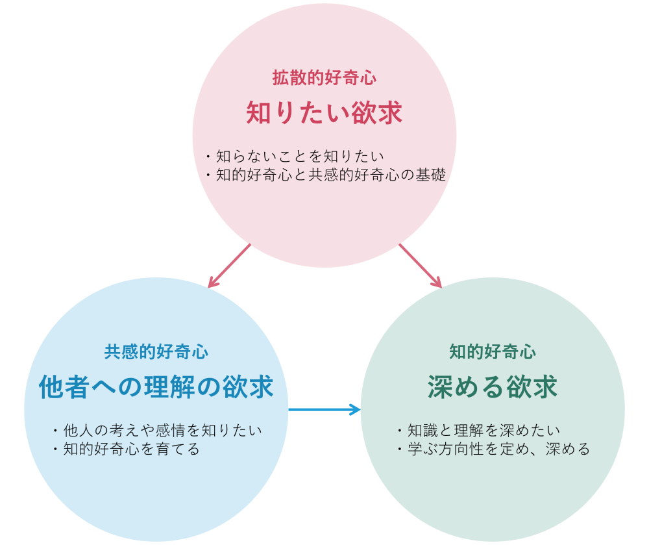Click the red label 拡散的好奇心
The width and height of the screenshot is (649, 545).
click(x=324, y=78)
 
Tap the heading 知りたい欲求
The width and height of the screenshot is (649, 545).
click(x=324, y=113)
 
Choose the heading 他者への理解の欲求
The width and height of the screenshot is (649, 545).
click(x=156, y=387)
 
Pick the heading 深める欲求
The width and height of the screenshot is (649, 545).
click(x=493, y=387)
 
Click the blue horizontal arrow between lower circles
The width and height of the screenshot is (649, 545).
click(x=324, y=409)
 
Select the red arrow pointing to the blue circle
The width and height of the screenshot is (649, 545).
click(x=229, y=266)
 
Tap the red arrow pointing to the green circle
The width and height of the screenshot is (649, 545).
click(x=420, y=266)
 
